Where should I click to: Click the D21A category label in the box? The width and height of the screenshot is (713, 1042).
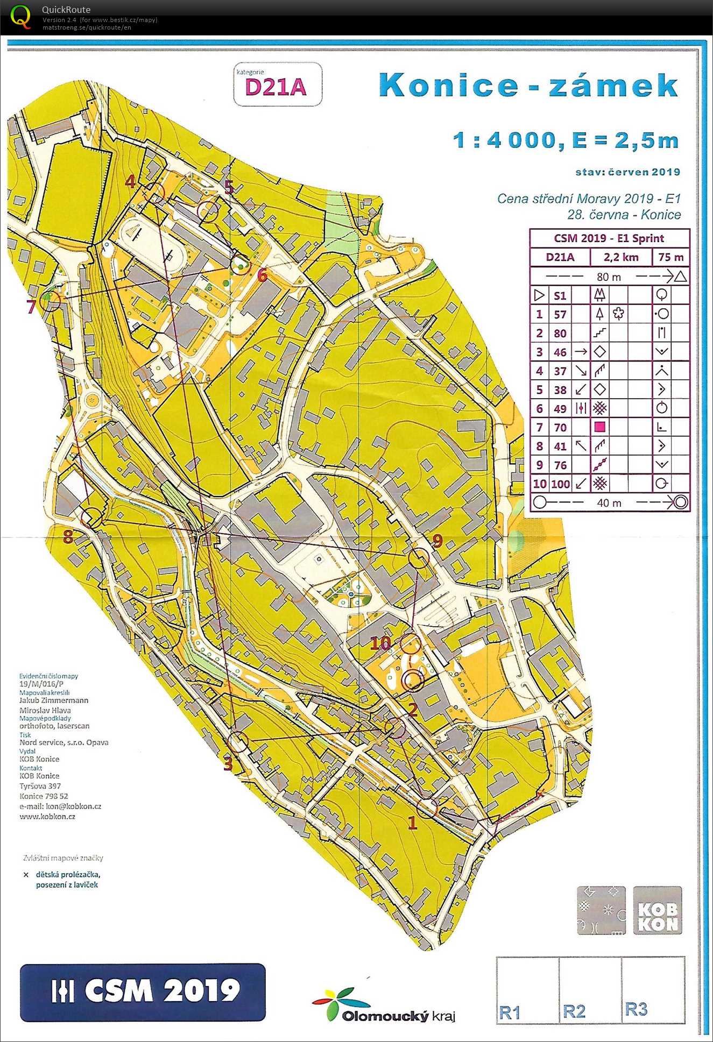[x=276, y=87]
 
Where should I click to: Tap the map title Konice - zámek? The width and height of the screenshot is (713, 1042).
[x=528, y=85]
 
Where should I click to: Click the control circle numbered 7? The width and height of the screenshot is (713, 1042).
[x=50, y=301]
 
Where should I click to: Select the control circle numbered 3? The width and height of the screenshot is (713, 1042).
[x=238, y=742]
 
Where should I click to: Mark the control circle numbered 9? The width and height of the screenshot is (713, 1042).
[x=420, y=558]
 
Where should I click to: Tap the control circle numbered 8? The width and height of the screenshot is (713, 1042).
[x=91, y=517]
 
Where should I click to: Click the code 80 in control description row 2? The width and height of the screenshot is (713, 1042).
[x=560, y=334]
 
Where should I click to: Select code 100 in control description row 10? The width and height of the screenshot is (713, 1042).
[x=560, y=484]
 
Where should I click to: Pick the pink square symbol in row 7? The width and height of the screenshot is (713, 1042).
[x=599, y=427]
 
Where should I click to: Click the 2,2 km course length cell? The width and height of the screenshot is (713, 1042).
[x=620, y=257]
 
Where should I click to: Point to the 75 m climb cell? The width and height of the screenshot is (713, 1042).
[x=670, y=257]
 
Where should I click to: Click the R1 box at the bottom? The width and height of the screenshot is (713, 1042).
[x=527, y=990]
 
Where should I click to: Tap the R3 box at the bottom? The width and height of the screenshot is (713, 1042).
[x=653, y=990]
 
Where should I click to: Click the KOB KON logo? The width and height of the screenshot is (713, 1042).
[x=657, y=910]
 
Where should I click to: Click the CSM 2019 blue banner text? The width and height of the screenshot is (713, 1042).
[x=161, y=990]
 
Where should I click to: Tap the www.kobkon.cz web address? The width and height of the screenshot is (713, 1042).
[x=47, y=816]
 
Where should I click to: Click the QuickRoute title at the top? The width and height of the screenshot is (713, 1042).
[x=66, y=10]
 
